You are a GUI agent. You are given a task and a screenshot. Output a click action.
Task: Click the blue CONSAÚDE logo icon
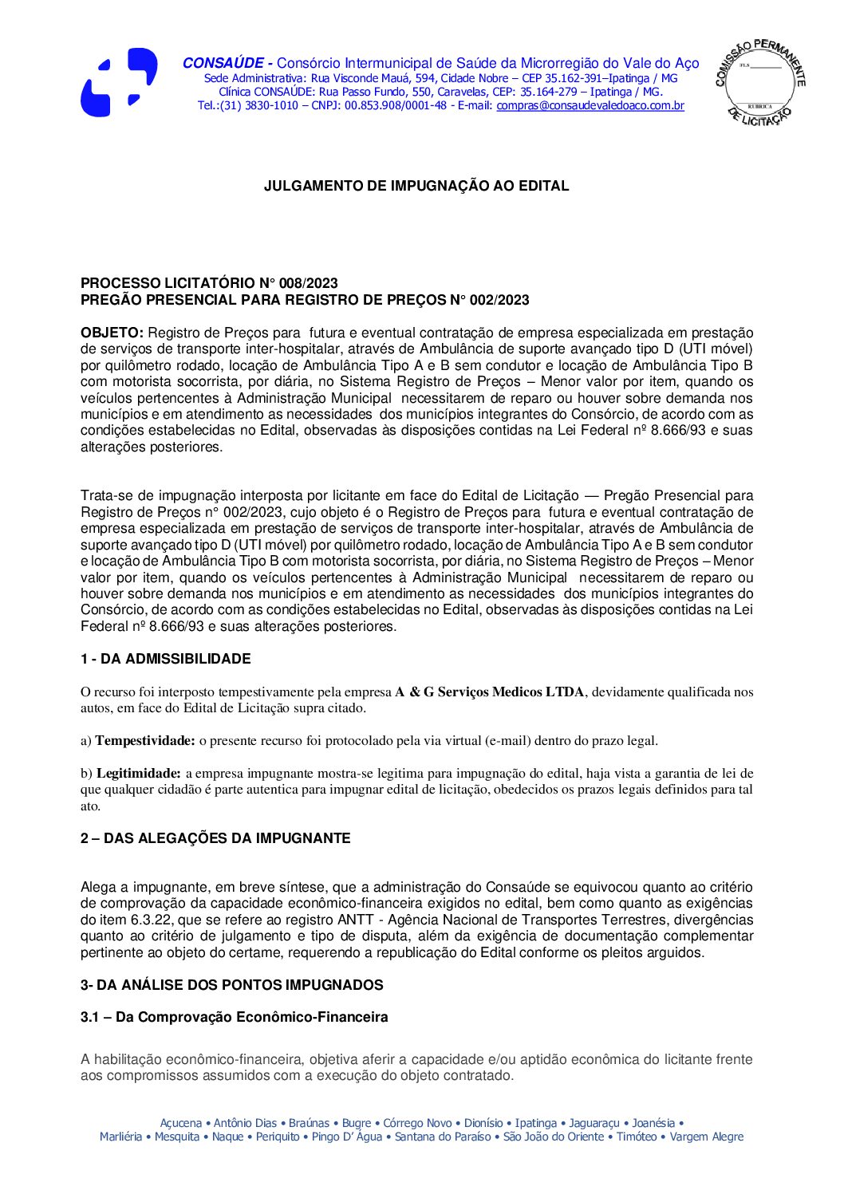118,82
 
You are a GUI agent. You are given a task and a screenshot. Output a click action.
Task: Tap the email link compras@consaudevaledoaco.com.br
590,106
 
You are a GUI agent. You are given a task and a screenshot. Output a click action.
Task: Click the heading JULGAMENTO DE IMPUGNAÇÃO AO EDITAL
416,187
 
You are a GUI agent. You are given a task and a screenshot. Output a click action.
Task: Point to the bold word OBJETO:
112,333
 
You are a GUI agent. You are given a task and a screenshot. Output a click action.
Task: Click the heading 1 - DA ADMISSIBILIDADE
165,659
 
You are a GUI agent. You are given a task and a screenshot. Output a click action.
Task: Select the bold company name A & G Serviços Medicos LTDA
490,692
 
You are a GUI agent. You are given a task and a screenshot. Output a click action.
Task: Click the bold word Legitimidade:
139,774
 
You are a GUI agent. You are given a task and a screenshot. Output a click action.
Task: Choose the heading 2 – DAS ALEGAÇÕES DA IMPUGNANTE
215,838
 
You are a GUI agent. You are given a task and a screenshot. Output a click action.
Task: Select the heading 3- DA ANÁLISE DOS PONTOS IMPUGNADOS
231,985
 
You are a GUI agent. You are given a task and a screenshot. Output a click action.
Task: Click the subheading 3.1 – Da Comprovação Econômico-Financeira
235,1018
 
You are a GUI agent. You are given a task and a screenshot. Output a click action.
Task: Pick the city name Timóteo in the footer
637,1137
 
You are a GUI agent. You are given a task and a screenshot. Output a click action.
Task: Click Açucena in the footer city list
181,1123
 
